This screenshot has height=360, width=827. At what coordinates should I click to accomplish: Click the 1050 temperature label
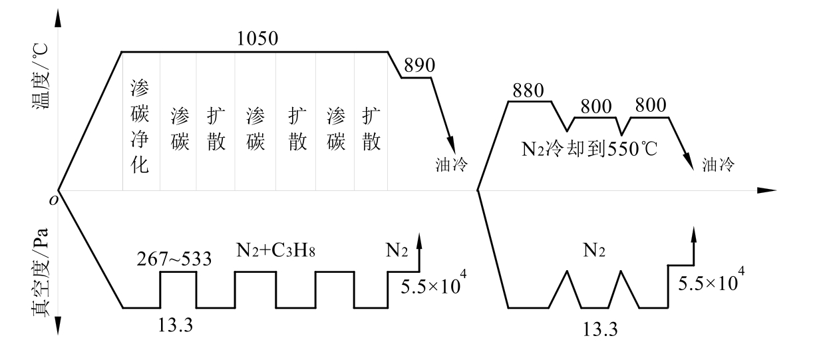click(257, 39)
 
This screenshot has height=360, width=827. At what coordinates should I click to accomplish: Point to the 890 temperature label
click(419, 65)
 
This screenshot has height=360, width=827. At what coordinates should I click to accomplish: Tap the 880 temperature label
click(528, 90)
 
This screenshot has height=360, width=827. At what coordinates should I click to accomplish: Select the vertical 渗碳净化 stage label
click(140, 126)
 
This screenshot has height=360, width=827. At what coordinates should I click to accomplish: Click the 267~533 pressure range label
click(174, 259)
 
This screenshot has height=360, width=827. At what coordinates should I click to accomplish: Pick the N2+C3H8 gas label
click(275, 250)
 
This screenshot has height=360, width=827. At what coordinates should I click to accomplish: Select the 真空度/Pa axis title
click(40, 272)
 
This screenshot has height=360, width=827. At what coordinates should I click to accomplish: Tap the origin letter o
click(53, 200)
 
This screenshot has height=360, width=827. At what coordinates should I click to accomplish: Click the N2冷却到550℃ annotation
click(589, 149)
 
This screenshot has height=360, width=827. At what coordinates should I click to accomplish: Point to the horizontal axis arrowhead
click(766, 190)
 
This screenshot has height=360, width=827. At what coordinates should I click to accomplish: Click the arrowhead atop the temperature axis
click(58, 19)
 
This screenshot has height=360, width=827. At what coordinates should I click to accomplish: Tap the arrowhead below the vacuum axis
click(58, 325)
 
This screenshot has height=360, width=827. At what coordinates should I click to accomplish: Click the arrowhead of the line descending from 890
click(451, 144)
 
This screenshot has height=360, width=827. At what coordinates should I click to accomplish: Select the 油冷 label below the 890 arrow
click(451, 164)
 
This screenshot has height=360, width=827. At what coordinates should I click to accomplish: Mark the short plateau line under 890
click(416, 78)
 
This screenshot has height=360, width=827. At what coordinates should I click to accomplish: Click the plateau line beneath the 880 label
click(530, 101)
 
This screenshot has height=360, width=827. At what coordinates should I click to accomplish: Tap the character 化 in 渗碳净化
click(140, 164)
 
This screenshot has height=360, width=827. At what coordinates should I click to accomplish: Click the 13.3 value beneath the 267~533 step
click(176, 325)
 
